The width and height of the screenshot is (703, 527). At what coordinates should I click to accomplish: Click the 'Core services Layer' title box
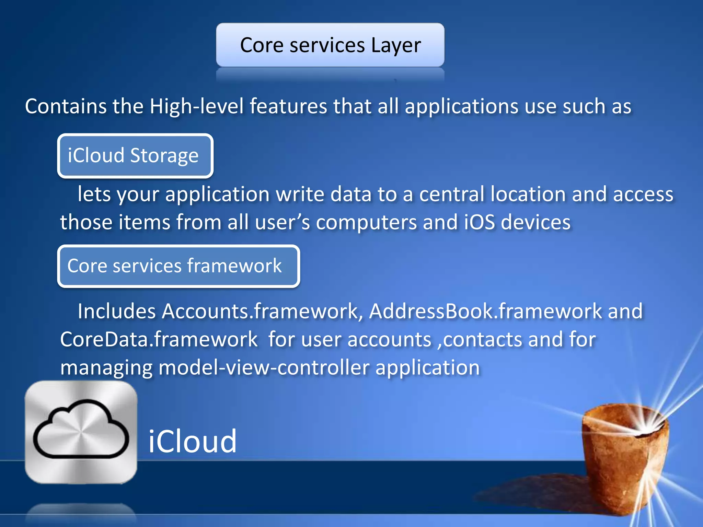point(330,45)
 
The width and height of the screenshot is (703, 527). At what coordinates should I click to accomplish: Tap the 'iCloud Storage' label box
point(135,156)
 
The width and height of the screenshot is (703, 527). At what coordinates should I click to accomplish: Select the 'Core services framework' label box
point(178,266)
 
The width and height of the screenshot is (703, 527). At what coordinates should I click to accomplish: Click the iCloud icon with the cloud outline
point(81,432)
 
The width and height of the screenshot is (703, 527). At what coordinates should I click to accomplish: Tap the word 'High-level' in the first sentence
point(196,106)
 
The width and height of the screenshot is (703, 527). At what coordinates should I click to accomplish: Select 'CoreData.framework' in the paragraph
point(159,340)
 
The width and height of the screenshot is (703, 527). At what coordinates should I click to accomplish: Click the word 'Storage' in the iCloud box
point(164,156)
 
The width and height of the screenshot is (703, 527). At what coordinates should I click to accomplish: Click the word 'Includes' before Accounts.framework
point(117,312)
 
